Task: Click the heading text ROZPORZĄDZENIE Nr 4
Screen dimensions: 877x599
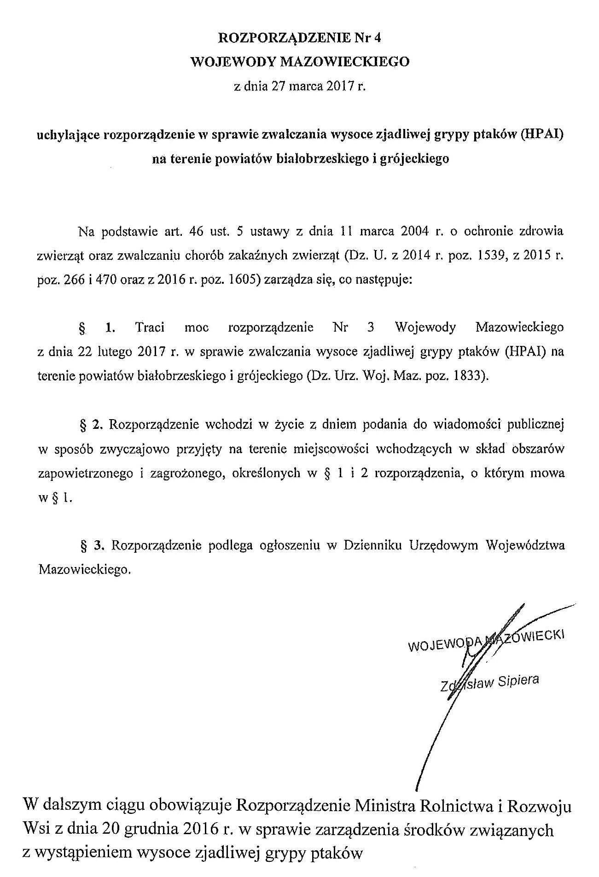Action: pos(299,38)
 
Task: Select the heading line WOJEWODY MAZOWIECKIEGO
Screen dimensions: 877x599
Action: pos(300,61)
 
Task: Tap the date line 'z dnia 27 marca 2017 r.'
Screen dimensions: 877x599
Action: pos(299,86)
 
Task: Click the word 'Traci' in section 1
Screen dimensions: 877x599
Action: pos(150,328)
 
